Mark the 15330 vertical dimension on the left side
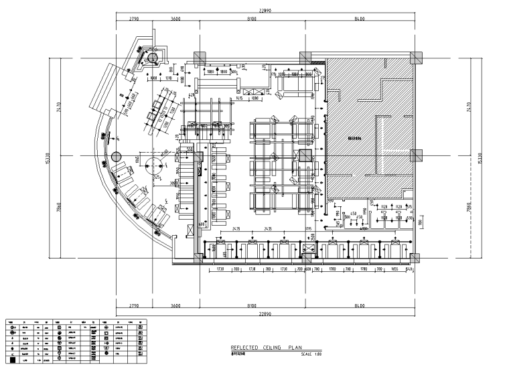point(48,159)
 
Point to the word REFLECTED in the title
point(241,348)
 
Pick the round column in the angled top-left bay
point(153,59)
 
